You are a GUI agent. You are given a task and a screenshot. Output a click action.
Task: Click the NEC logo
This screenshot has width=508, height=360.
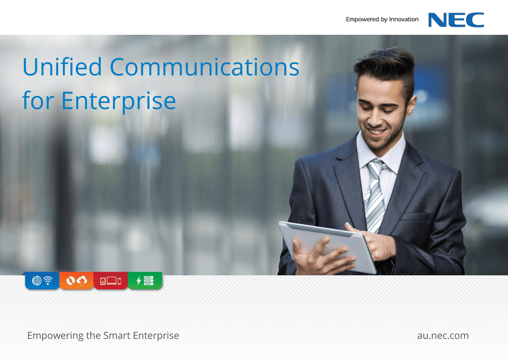[456, 20]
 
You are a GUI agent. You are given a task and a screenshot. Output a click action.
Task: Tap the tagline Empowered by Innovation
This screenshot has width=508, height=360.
[382, 19]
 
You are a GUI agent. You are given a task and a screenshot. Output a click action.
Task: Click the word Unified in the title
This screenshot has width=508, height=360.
[62, 67]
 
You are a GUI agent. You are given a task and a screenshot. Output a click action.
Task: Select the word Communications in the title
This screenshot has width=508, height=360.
[204, 67]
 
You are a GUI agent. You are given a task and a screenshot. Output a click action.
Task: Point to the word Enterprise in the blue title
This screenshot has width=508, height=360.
[119, 101]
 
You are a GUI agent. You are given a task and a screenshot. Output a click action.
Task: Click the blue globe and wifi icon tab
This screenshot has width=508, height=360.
[42, 281]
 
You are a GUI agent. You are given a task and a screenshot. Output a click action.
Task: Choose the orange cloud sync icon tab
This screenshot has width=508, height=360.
[76, 281]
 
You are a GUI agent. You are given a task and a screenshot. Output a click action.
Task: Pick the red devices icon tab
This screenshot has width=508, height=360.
[111, 281]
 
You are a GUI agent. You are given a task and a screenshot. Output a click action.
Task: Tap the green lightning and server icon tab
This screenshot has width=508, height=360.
[145, 281]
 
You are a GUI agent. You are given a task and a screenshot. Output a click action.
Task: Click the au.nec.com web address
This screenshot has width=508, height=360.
[443, 335]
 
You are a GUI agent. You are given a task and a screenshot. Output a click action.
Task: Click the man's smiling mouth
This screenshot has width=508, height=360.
[377, 132]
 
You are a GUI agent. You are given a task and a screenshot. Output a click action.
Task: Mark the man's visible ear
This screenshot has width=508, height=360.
[411, 105]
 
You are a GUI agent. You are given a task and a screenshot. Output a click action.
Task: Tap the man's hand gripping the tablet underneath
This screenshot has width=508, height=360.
[321, 256]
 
